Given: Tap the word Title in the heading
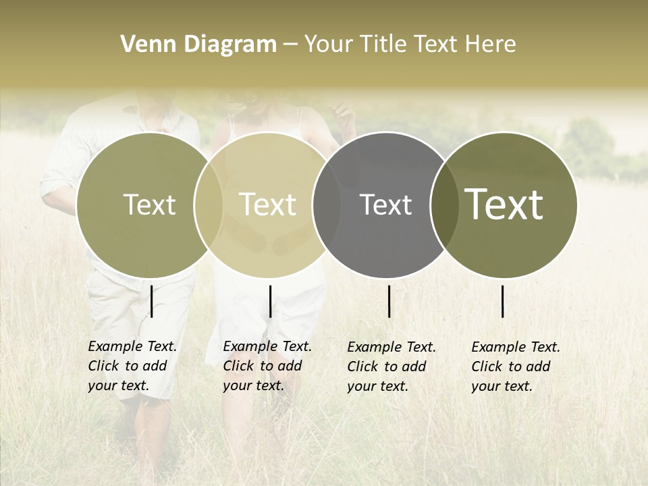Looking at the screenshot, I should coord(382,45).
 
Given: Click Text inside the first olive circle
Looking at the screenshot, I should coord(149,205).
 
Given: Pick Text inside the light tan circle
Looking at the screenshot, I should coord(267,205).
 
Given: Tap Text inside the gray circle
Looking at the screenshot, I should coord(385,205).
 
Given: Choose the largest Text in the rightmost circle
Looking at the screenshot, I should coord(504,205).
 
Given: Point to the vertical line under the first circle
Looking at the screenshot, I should coord(152,301).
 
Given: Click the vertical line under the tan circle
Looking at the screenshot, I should coord(270,301).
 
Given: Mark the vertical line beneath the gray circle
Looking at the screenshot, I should coord(389,301).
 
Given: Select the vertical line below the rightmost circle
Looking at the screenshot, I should coord(503,301).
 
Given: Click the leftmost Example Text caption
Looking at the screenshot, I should coord(132,366).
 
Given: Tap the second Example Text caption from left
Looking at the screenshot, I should coord(267,366).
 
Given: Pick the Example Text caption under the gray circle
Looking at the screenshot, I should coord(391,367).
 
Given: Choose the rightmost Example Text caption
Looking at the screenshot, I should coord(516,367).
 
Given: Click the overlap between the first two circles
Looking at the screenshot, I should coord(209,205).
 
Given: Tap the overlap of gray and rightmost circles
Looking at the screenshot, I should coord(442,205).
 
